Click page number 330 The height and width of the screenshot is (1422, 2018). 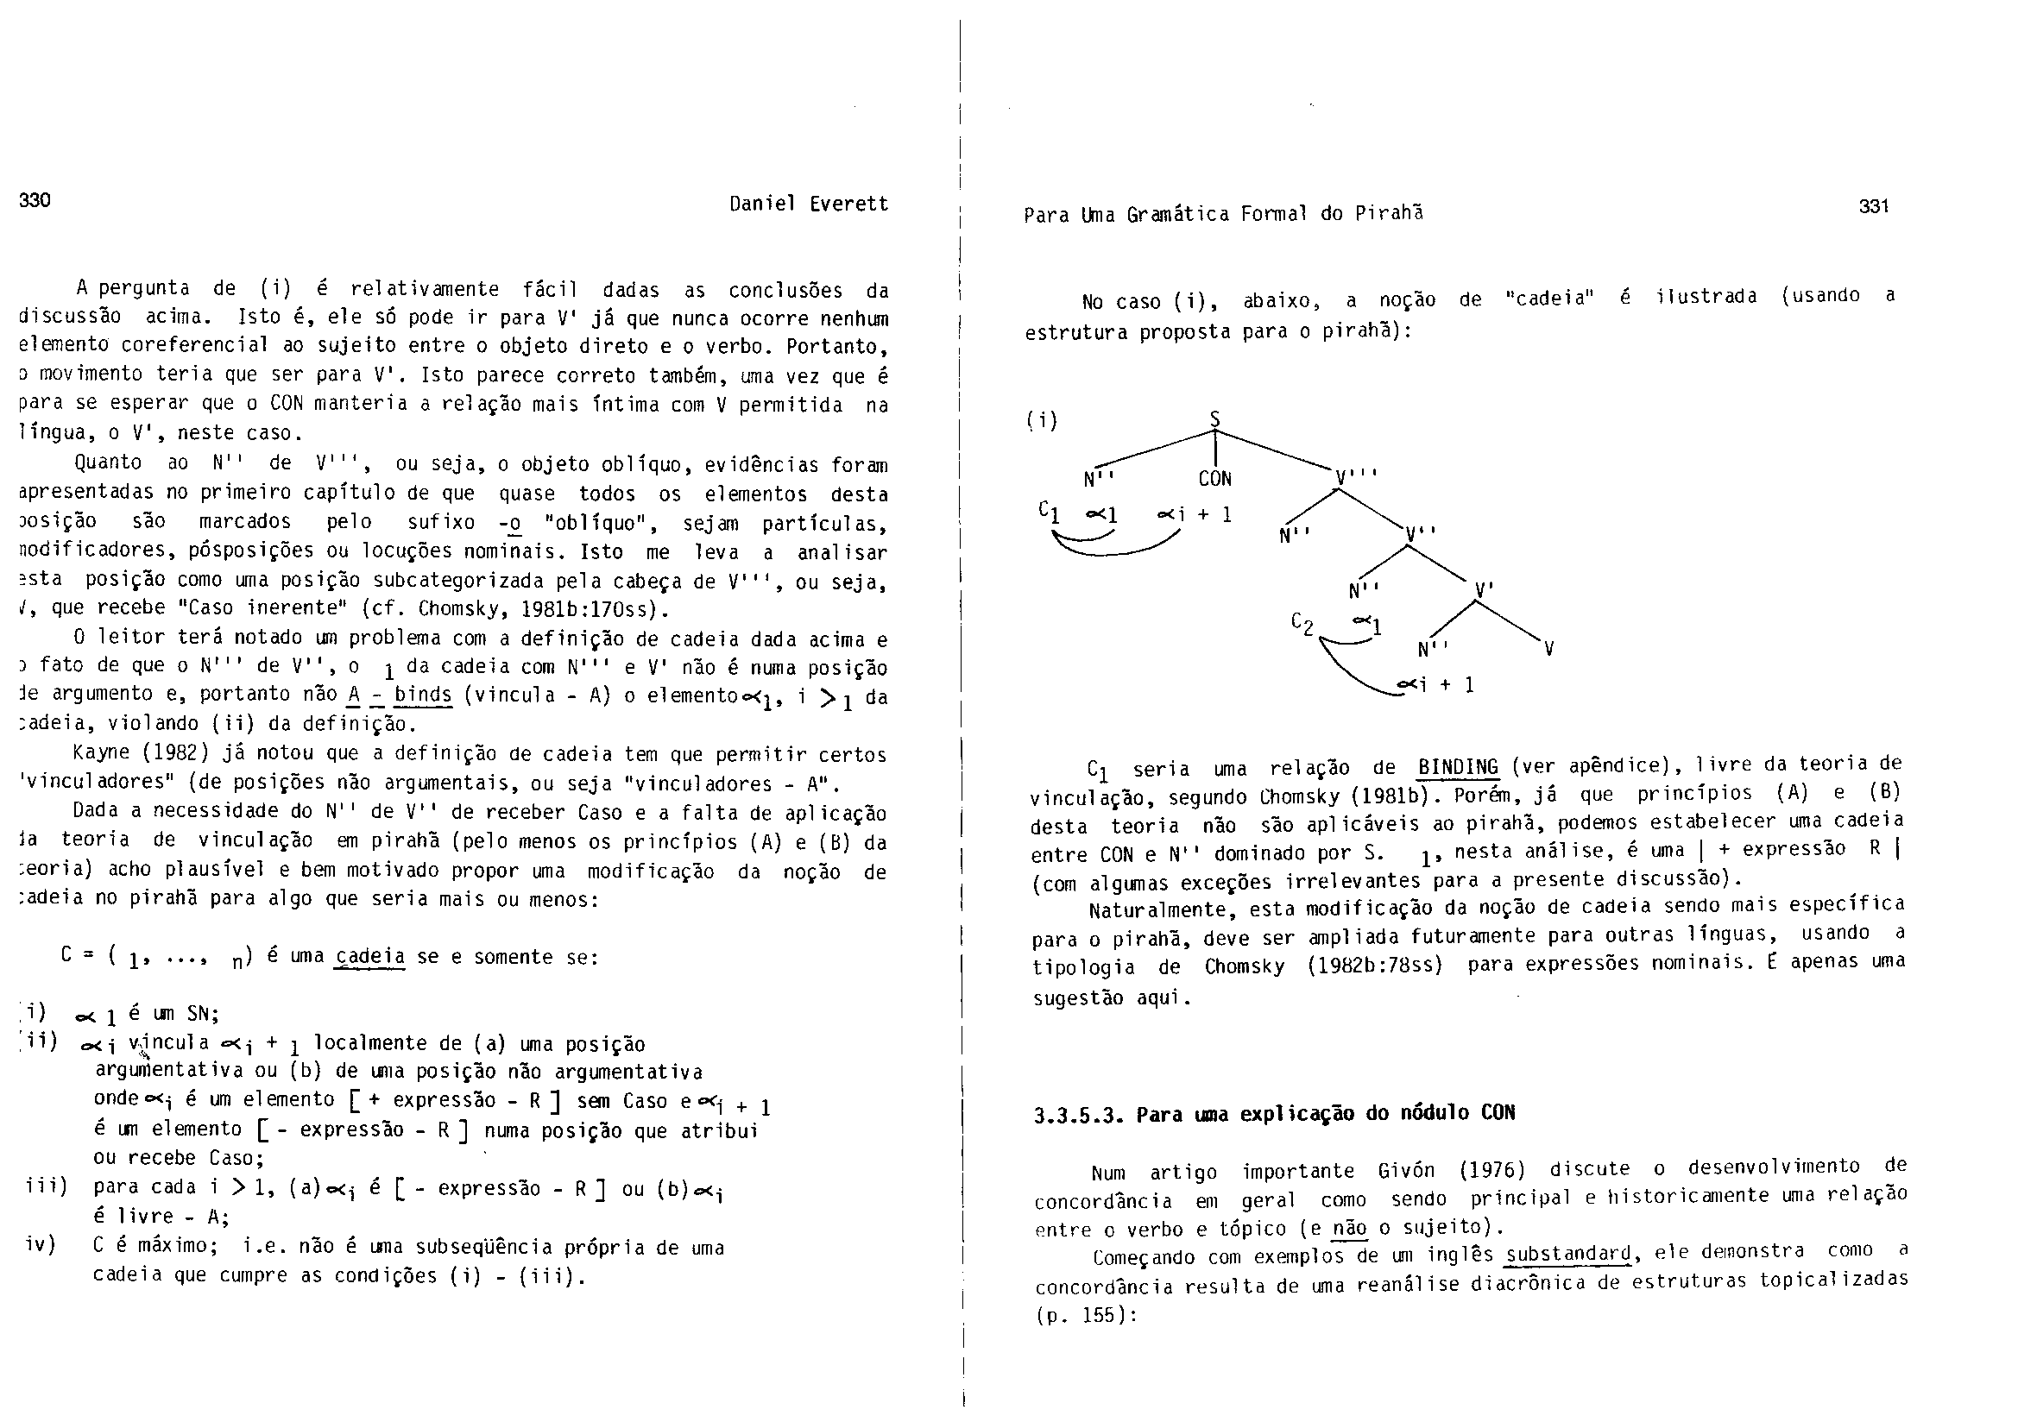[35, 200]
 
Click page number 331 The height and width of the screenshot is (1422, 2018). [1874, 206]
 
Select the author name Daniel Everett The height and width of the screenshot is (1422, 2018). [809, 204]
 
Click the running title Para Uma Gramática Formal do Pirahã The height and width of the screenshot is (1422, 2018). [1222, 214]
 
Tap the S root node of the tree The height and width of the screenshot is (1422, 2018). [1215, 419]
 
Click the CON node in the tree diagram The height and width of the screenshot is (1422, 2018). [1214, 479]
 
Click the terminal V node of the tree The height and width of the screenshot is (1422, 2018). [1548, 650]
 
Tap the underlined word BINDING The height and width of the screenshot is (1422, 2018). [1458, 766]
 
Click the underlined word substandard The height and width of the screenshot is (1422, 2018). [1567, 1252]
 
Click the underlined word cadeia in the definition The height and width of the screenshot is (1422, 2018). [370, 956]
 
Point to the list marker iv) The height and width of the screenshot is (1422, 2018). [41, 1244]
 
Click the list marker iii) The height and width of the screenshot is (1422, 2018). [47, 1186]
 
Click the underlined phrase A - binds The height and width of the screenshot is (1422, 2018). [400, 695]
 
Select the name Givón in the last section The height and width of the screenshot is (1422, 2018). [1406, 1170]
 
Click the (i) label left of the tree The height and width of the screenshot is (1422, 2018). [1043, 420]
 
